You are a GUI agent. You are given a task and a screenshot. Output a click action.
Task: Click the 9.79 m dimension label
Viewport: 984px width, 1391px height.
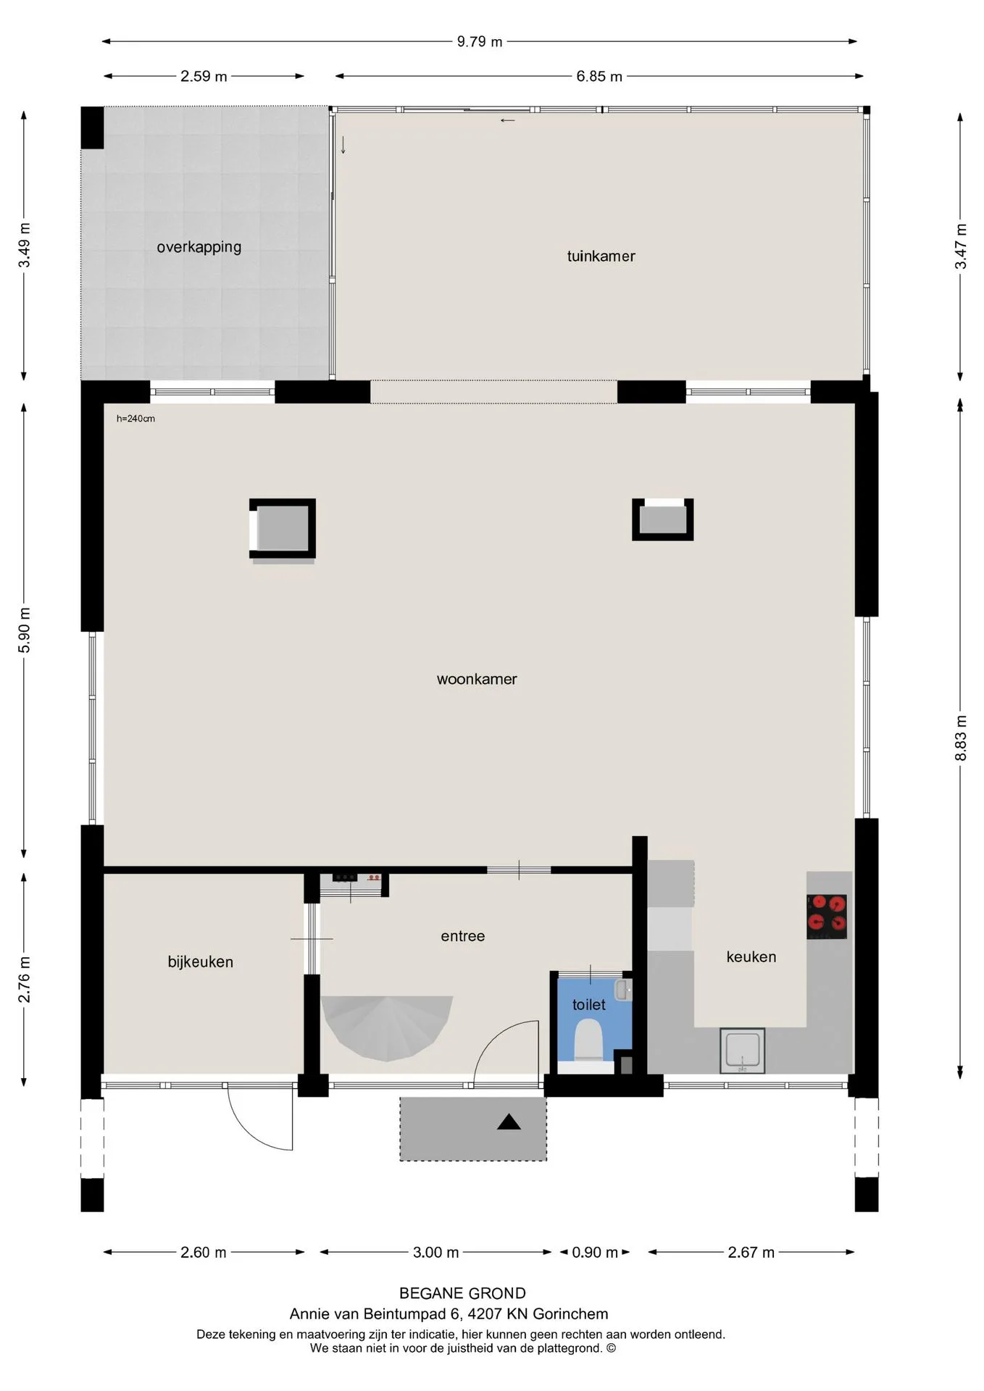(479, 42)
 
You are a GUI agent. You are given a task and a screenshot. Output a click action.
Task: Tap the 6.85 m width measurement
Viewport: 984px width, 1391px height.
(599, 76)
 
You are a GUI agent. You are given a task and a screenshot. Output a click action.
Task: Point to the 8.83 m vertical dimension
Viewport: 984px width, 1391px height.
(961, 738)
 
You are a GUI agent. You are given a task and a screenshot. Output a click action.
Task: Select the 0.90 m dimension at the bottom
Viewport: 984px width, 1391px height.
(595, 1252)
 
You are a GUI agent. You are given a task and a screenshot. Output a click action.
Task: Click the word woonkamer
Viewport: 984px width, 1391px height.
(477, 680)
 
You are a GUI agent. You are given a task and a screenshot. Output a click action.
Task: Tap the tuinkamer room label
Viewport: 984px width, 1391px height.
(601, 256)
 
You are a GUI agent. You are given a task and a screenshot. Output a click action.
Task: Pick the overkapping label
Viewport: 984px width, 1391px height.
(199, 247)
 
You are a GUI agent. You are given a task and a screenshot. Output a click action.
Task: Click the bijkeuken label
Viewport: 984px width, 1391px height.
(201, 962)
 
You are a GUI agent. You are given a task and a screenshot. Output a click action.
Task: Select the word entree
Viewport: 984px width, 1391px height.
(463, 936)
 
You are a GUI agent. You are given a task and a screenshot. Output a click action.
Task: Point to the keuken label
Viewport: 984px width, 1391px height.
(751, 957)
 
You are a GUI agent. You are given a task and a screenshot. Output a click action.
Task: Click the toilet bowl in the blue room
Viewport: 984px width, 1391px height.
(588, 1040)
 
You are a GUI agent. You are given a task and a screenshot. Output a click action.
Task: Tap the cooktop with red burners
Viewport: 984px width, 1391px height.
(827, 916)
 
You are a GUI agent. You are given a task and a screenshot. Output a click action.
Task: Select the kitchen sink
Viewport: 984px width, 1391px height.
(742, 1050)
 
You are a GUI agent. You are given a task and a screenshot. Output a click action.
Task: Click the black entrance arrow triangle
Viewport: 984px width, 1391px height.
(509, 1122)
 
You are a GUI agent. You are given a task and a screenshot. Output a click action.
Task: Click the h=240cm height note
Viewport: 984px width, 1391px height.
(135, 419)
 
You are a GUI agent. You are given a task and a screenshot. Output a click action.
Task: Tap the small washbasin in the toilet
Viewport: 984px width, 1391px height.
(622, 990)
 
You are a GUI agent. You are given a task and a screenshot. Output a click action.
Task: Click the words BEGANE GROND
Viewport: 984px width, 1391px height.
(462, 1293)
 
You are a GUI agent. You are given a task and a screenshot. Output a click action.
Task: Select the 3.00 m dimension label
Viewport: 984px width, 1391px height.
(435, 1252)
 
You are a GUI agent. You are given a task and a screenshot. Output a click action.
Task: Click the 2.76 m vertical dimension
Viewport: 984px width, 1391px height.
(24, 979)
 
